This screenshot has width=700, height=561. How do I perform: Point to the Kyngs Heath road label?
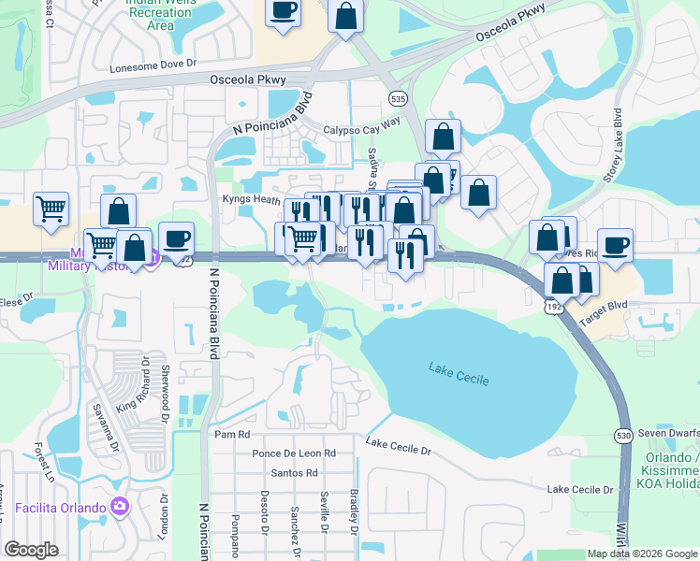(251, 199)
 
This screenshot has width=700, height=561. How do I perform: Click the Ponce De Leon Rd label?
(293, 453)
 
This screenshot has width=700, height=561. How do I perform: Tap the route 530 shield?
(624, 436)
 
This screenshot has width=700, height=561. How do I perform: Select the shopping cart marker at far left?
(51, 209)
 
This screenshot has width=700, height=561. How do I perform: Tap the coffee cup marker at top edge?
(283, 11)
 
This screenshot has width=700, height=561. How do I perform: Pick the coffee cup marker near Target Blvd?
(615, 245)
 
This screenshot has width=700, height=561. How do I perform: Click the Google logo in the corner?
(31, 550)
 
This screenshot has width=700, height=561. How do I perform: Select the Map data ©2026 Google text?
(641, 554)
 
